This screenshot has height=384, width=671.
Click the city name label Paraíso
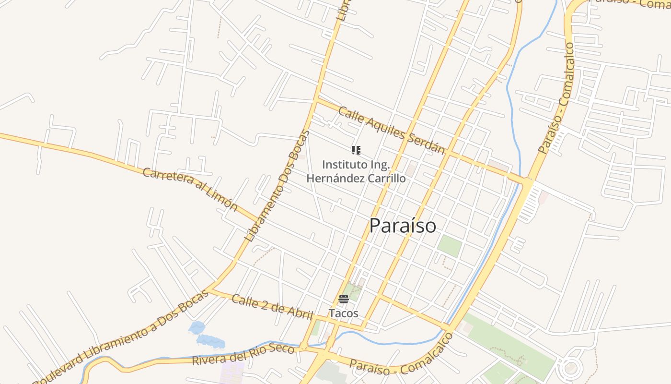coord(403,226)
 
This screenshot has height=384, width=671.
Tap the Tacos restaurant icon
coord(343,299)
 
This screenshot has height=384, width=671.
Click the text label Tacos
coord(343,313)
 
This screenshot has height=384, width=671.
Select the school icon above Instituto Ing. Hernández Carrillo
coord(356,150)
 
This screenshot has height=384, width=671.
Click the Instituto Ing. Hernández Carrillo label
coord(356,171)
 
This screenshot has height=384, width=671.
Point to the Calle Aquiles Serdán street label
coord(391,130)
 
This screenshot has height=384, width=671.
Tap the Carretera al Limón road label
coord(190,190)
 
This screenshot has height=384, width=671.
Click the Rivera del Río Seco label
coord(243,354)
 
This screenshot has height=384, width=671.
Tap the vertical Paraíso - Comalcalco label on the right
coord(556,98)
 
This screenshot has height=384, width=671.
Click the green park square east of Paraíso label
coord(450,246)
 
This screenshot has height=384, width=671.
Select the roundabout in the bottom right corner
coord(570,368)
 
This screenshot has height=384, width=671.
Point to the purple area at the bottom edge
coord(233,372)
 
